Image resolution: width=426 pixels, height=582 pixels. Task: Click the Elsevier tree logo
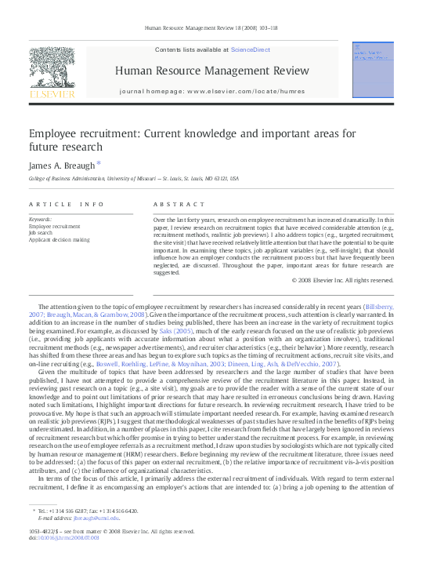(x=52, y=71)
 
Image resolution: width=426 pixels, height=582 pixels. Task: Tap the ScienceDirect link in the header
(x=251, y=49)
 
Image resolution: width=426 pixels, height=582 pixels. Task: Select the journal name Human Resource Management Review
(x=211, y=71)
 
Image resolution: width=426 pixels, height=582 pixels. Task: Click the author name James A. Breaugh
(x=61, y=165)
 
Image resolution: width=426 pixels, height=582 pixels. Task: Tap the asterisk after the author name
(x=99, y=163)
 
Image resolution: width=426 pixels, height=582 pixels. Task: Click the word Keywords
(x=40, y=219)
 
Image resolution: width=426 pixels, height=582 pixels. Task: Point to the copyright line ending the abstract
(x=342, y=280)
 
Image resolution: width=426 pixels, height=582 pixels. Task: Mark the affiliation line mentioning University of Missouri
(x=134, y=179)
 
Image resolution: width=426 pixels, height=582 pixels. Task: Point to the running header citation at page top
(x=212, y=28)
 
